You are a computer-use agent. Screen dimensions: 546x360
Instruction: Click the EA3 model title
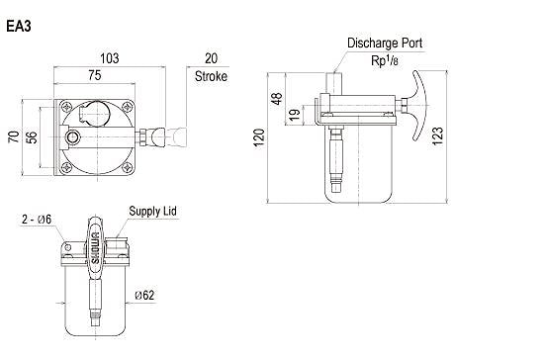tap(19, 27)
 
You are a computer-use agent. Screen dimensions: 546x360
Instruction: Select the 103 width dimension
tap(110, 58)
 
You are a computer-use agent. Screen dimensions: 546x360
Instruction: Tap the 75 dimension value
tap(95, 75)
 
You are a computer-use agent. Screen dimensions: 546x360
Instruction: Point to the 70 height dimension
tap(14, 136)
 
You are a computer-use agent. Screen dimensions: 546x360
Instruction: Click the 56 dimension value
tap(32, 137)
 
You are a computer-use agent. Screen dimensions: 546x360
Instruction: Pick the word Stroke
tap(211, 76)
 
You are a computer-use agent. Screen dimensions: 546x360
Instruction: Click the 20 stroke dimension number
tap(211, 58)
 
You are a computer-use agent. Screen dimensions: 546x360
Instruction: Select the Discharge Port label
tap(385, 44)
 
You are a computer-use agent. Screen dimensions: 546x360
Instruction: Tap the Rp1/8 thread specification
tap(385, 60)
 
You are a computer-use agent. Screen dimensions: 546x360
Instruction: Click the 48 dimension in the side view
tap(277, 99)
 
